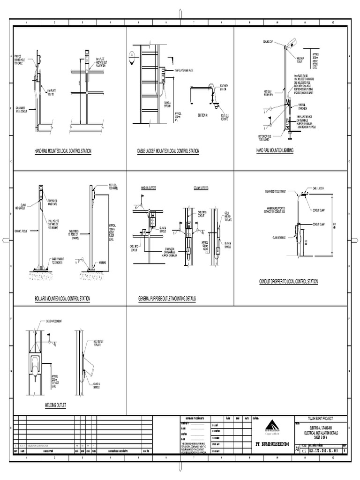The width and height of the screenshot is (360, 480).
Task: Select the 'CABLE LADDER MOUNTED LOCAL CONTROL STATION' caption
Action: click(168, 151)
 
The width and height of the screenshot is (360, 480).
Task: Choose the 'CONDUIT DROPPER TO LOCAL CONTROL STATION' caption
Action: click(288, 281)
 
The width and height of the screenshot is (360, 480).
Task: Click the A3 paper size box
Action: click(296, 449)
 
